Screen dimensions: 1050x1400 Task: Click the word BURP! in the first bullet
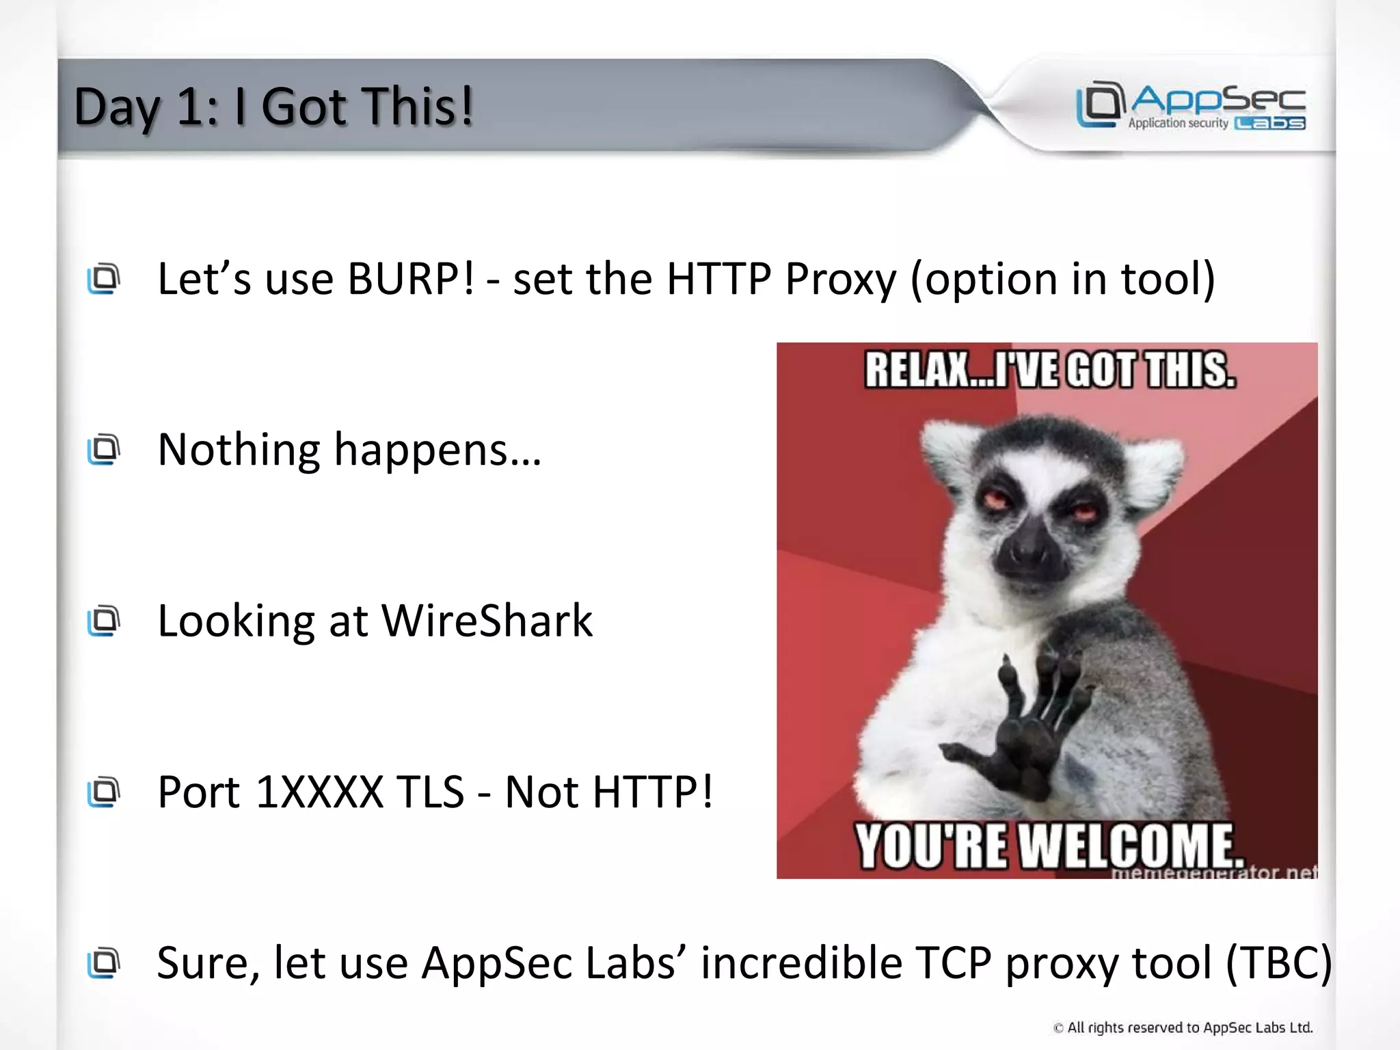[410, 279]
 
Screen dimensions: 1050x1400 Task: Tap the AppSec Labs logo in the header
[1191, 106]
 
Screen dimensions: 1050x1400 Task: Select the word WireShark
[487, 621]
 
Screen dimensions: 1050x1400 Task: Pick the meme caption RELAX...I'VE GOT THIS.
[1050, 370]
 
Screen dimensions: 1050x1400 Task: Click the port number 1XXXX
[319, 792]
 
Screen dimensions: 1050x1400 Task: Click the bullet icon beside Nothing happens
[104, 449]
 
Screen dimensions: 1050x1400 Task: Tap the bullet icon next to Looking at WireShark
[104, 621]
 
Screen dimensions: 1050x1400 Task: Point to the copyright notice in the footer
[1183, 1027]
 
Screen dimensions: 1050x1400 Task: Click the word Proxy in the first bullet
[841, 279]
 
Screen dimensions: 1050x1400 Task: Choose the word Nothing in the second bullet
[238, 450]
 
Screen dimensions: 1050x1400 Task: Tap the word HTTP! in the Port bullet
[653, 792]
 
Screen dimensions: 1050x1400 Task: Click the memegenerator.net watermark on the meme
[1213, 873]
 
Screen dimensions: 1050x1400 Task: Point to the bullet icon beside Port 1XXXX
[104, 792]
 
